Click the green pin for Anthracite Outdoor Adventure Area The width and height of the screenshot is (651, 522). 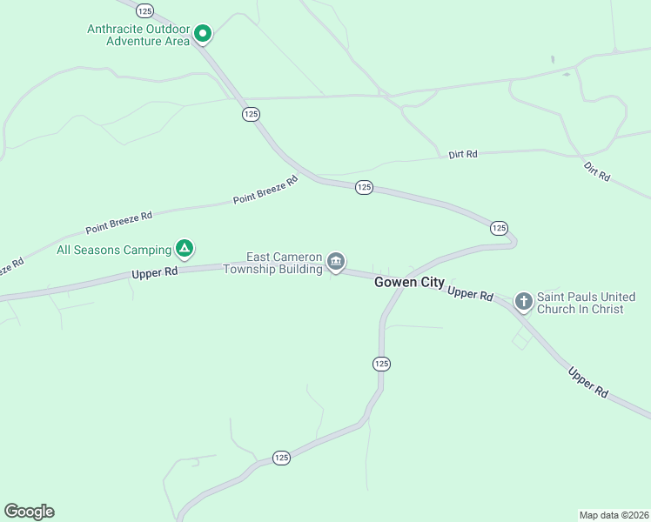[203, 34]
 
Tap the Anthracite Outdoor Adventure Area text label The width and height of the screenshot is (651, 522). [138, 35]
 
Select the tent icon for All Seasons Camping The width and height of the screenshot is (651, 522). [185, 250]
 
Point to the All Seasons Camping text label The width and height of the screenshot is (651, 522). [114, 251]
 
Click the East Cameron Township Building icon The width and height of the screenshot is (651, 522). [336, 262]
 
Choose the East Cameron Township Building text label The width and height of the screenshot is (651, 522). [272, 263]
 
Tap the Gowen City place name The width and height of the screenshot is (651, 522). [409, 283]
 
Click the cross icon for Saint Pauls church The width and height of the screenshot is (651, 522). [523, 302]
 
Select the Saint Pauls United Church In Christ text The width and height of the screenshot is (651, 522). [586, 303]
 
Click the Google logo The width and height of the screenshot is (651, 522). [29, 512]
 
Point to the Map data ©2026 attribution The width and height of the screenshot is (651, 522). [614, 514]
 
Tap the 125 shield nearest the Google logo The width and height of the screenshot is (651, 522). [281, 457]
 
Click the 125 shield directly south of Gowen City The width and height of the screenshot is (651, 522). [381, 363]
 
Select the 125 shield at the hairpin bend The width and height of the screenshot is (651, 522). [498, 227]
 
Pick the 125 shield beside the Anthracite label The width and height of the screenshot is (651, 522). [145, 10]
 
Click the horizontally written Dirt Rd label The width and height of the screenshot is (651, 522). [463, 154]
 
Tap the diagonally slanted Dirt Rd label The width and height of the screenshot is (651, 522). [597, 171]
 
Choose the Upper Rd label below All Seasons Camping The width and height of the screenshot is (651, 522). [155, 272]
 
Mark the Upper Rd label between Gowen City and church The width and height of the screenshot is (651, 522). [471, 294]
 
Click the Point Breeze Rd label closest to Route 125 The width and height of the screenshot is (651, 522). [265, 191]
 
